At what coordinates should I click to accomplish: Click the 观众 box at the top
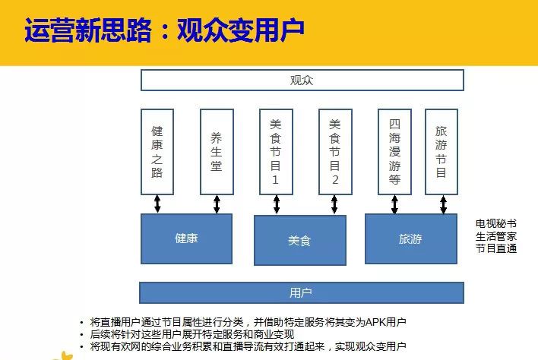[x=302, y=81]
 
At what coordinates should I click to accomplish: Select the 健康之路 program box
[x=157, y=152]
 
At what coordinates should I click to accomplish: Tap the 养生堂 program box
[x=217, y=152]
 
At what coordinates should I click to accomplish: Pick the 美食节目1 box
[x=276, y=152]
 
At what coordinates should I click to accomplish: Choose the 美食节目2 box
[x=335, y=152]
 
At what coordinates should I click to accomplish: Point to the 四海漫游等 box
[x=394, y=152]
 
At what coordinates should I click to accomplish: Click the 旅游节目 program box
[x=441, y=152]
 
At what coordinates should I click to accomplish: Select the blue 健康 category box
[x=186, y=239]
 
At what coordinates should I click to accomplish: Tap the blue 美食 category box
[x=300, y=240]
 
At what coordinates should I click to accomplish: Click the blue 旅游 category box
[x=411, y=239]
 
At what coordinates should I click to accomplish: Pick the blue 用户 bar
[x=302, y=293]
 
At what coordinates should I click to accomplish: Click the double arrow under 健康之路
[x=157, y=204]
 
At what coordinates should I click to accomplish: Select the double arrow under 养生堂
[x=217, y=204]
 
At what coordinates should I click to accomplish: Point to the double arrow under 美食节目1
[x=277, y=204]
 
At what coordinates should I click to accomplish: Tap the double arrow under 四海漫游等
[x=394, y=204]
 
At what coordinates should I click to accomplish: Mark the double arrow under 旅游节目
[x=443, y=204]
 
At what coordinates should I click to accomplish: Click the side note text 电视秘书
[x=496, y=224]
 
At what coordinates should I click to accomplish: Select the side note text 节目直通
[x=496, y=248]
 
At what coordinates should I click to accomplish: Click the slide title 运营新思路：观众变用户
[x=164, y=30]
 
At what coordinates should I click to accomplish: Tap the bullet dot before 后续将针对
[x=81, y=335]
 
